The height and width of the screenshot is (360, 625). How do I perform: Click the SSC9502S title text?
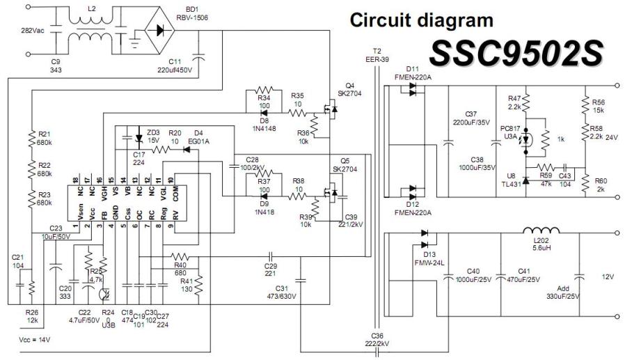pyautogui.click(x=516, y=53)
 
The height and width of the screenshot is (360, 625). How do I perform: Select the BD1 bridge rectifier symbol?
pyautogui.click(x=161, y=31)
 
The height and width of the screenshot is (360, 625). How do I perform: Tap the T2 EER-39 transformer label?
pyautogui.click(x=378, y=55)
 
